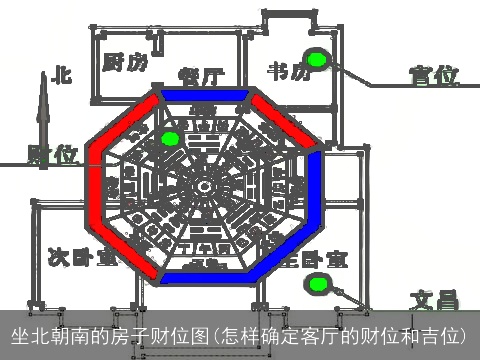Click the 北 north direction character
62,74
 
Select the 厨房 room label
125,62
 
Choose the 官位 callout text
433,76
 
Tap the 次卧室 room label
81,257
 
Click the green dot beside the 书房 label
317,60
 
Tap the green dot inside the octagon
170,138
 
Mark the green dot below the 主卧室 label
319,285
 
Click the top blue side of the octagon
205,95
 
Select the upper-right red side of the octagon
283,123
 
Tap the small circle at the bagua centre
206,187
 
